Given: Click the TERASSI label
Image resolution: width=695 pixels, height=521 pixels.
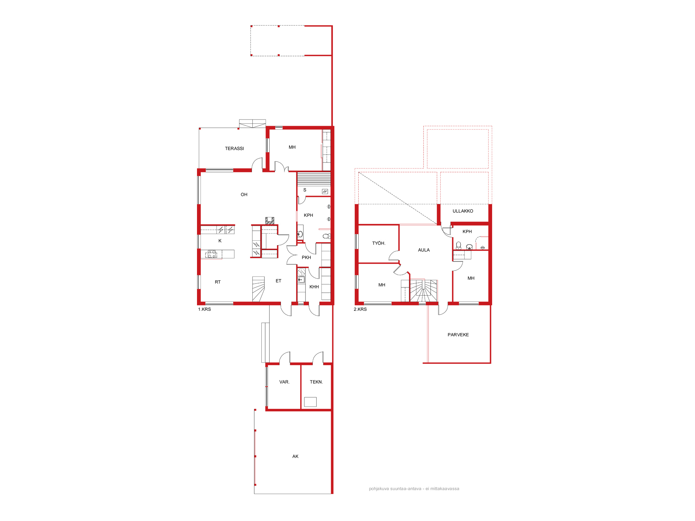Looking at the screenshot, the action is [234, 149].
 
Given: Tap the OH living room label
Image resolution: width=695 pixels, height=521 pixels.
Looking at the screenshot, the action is [244, 195].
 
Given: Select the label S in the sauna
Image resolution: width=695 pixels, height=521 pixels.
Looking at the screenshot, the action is [305, 190].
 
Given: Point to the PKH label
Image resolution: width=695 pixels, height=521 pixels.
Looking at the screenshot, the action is [306, 257].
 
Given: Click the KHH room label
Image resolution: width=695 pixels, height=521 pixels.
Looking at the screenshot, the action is [314, 287].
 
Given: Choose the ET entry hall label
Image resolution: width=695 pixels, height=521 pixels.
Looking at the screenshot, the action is [278, 281].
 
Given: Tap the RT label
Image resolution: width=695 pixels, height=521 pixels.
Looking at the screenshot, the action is [218, 282].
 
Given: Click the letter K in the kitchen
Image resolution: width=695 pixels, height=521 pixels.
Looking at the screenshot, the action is [220, 241].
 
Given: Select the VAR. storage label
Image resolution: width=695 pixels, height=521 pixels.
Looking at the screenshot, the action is [284, 382].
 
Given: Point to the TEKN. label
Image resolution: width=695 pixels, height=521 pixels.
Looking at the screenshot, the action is [316, 382].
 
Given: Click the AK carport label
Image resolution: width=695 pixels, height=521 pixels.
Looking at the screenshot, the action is [295, 456].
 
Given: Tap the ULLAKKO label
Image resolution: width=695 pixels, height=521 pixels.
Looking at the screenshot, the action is [463, 211].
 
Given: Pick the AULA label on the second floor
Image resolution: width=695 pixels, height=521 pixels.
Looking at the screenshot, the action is [424, 250].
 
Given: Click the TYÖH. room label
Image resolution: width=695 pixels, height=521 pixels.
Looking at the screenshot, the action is [379, 243].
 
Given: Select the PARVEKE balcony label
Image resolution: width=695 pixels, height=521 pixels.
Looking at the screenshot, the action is [458, 335].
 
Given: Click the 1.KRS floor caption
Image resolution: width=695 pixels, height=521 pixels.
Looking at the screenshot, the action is [204, 309].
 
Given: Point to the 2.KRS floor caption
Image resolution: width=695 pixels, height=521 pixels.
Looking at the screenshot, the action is [360, 309].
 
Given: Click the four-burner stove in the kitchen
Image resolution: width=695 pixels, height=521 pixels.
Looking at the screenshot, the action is [212, 254].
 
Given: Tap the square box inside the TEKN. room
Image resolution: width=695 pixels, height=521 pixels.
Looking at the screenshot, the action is [310, 402].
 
